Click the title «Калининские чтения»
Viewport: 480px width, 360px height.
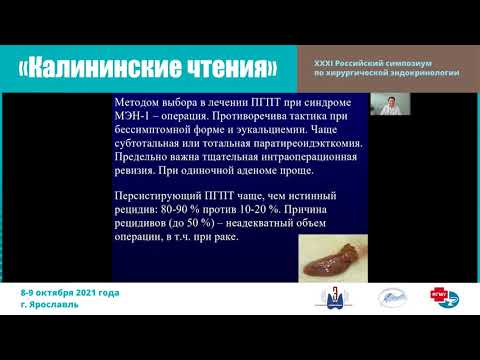[149, 68]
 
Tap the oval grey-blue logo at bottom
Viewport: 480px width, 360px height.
[391, 297]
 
